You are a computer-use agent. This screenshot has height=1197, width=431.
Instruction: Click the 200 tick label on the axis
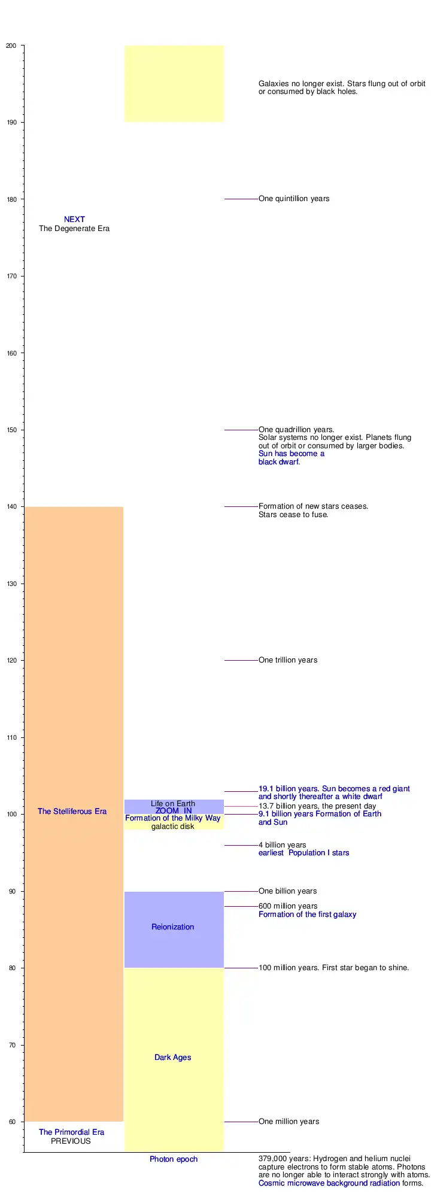(x=11, y=45)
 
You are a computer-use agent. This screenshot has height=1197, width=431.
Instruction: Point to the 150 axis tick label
(x=11, y=430)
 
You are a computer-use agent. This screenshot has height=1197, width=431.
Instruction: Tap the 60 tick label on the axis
(x=13, y=1122)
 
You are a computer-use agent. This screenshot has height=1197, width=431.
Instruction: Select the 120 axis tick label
(x=11, y=660)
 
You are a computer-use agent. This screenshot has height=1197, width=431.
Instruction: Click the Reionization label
(x=172, y=927)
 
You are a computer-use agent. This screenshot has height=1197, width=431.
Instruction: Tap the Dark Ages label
(x=172, y=1058)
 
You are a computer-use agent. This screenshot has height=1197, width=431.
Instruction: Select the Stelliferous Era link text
(x=72, y=812)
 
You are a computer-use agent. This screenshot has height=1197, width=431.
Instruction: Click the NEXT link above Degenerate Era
(x=74, y=220)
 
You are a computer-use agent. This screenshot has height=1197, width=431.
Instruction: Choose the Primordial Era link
(x=71, y=1132)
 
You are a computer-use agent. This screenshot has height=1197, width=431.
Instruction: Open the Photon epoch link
(x=173, y=1159)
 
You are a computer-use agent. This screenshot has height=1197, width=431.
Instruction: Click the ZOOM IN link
(x=174, y=811)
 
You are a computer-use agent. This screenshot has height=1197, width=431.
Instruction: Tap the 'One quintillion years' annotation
(x=294, y=199)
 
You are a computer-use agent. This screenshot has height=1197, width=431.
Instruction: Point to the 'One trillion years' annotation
(x=288, y=660)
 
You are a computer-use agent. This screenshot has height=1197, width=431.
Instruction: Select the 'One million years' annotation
(x=289, y=1122)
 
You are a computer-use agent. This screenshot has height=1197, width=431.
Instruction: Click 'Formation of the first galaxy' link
(x=307, y=915)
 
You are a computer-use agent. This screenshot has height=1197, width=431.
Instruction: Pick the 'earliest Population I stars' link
(x=303, y=853)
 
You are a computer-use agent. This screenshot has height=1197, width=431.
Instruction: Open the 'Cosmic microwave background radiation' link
(x=329, y=1183)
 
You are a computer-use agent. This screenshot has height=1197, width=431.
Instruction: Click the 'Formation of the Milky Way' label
(x=172, y=818)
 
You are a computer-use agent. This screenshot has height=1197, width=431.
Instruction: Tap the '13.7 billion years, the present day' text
(x=317, y=806)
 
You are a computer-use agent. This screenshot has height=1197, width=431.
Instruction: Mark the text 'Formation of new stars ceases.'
(x=313, y=506)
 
